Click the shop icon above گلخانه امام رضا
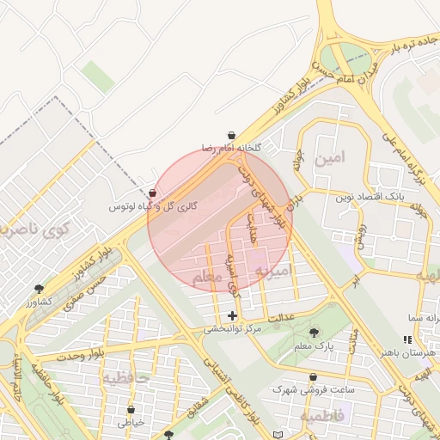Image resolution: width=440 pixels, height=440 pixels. click(x=232, y=135)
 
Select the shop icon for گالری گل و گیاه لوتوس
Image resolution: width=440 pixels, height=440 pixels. click(x=152, y=193)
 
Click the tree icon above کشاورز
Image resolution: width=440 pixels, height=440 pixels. click(x=39, y=289)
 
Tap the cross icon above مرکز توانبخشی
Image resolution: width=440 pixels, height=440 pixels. click(x=232, y=316)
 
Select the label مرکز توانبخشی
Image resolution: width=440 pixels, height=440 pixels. click(x=232, y=329)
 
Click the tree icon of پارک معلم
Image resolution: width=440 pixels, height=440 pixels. click(x=313, y=332)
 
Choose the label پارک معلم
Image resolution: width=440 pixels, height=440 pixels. click(x=313, y=345)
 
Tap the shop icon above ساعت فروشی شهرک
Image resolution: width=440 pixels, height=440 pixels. click(x=312, y=376)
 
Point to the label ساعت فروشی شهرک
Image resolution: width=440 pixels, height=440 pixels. click(x=309, y=389)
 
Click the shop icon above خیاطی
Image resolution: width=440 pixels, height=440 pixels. click(x=131, y=410)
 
